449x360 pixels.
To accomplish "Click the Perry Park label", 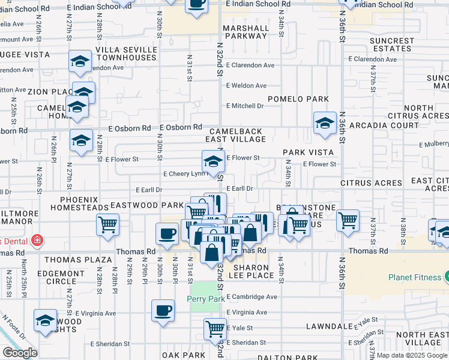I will [x=205, y=298].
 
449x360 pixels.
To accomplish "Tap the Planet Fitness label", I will [x=415, y=277].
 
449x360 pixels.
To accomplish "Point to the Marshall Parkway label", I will [x=246, y=32].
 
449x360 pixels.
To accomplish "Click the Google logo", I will [x=20, y=353].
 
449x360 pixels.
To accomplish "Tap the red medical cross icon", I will [x=37, y=241].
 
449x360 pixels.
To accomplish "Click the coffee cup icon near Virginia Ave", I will [x=163, y=311].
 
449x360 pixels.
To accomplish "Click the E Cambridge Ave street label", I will [x=252, y=296].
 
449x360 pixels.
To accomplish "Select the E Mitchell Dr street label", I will [x=245, y=106].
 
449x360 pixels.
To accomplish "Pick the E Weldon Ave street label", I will [x=246, y=86].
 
